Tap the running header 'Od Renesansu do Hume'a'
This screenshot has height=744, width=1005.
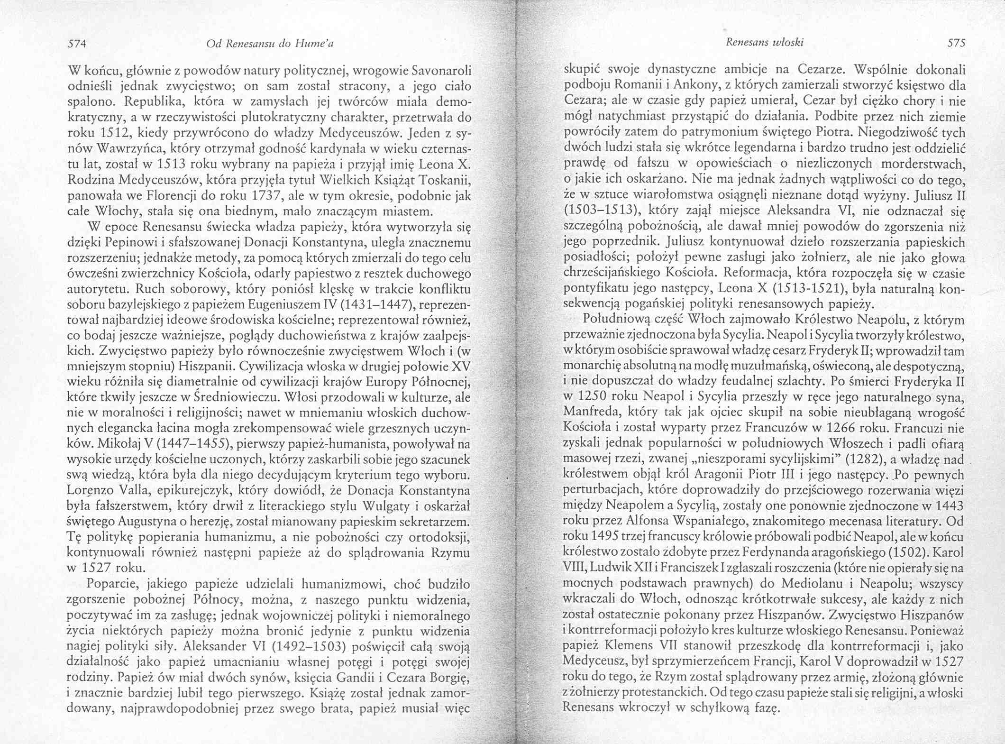pos(270,44)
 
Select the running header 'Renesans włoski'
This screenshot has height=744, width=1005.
pos(764,43)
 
